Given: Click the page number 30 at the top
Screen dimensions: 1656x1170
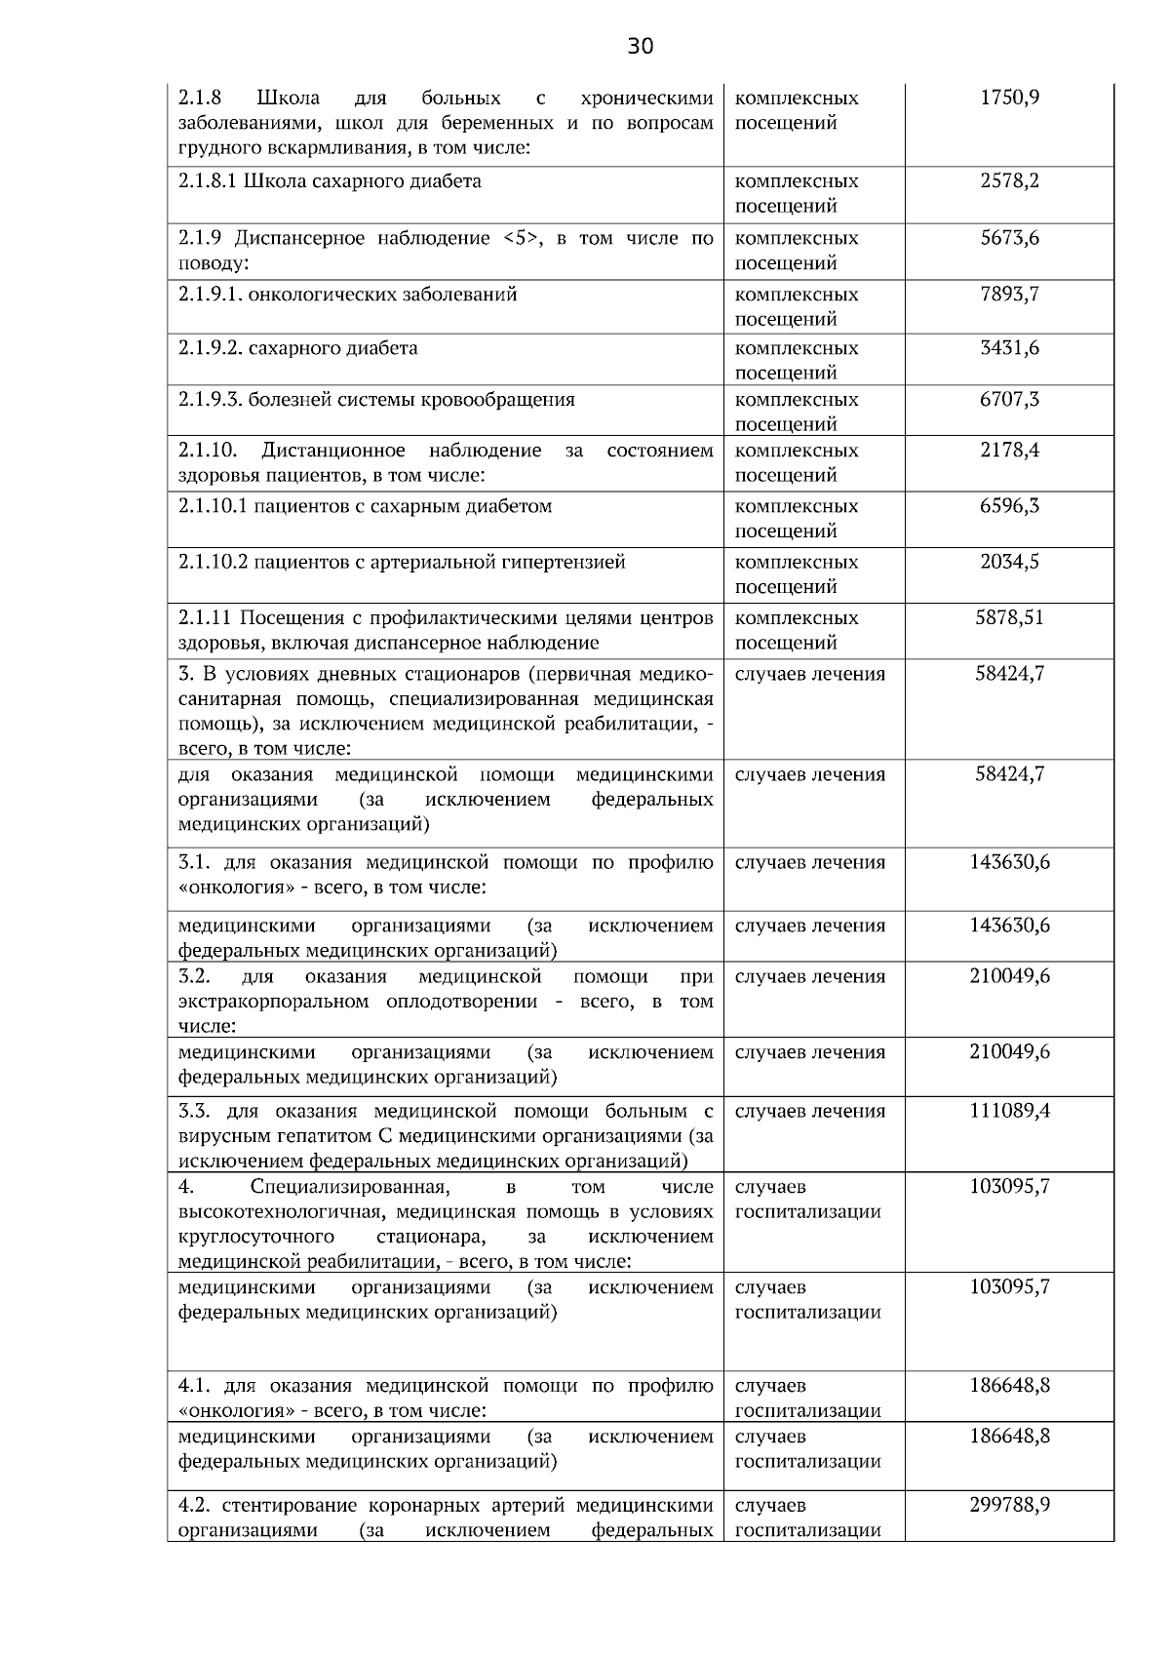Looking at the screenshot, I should [640, 46].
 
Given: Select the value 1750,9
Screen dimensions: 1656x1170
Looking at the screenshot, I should [1009, 98].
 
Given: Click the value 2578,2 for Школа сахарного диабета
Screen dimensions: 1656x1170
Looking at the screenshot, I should [1009, 180].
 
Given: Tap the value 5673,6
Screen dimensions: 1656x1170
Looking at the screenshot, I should [1009, 238].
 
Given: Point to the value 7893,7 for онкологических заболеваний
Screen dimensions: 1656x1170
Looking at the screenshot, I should [1009, 294].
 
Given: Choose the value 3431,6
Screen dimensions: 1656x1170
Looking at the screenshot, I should [1009, 347].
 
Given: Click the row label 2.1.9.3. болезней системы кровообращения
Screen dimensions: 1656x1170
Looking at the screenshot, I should [376, 399].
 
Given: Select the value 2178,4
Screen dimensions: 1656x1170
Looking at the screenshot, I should [1009, 450].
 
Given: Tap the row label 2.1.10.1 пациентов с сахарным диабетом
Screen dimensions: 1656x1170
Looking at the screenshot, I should [365, 505].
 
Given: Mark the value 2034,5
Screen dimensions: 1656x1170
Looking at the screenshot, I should [1009, 561].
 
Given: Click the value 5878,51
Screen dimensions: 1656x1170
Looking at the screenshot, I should [1009, 617].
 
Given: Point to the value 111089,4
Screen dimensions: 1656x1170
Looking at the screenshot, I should [1009, 1110].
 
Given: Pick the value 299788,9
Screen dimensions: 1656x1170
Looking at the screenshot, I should [1009, 1504].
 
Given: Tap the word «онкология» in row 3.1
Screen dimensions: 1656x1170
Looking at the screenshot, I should [225, 887].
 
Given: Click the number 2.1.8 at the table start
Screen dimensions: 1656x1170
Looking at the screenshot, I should [200, 98].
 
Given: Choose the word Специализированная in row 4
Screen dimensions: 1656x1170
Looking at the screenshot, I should [349, 1187].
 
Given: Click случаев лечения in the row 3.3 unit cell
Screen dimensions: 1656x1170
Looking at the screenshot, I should [809, 1111].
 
